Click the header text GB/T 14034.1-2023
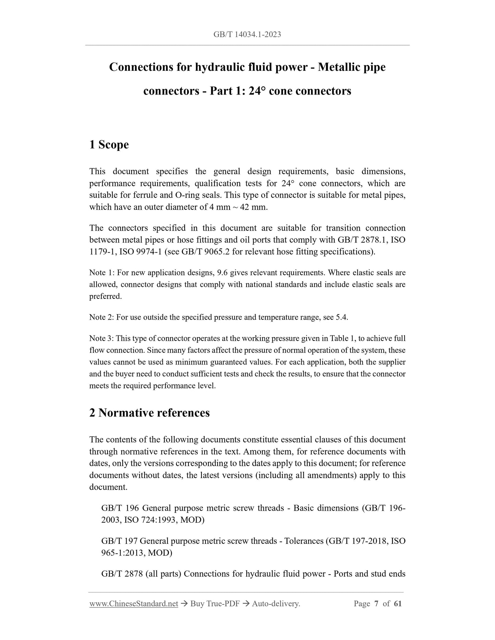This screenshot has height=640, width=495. tap(247, 34)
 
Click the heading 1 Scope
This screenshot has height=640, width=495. tap(109, 144)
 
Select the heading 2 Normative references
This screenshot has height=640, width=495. tap(149, 413)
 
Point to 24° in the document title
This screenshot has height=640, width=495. tap(257, 91)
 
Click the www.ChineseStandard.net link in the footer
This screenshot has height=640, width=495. tap(134, 604)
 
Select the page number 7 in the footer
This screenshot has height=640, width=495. tap(376, 604)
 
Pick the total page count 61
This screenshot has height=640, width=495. tap(397, 604)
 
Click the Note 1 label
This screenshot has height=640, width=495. tap(102, 273)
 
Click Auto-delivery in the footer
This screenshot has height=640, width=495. tap(276, 604)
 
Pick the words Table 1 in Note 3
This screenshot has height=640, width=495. tap(342, 338)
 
